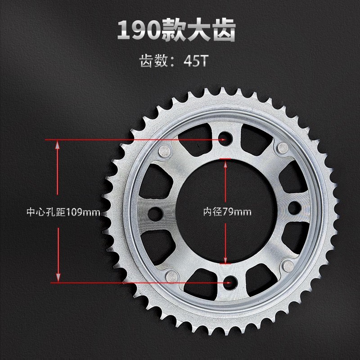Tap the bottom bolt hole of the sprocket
point(231,282)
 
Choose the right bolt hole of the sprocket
point(294,207)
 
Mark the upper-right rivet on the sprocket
point(283,147)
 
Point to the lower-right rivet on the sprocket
point(288,267)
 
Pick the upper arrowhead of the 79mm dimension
point(225,163)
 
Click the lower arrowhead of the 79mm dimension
point(225,259)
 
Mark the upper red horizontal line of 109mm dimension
point(135,140)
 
